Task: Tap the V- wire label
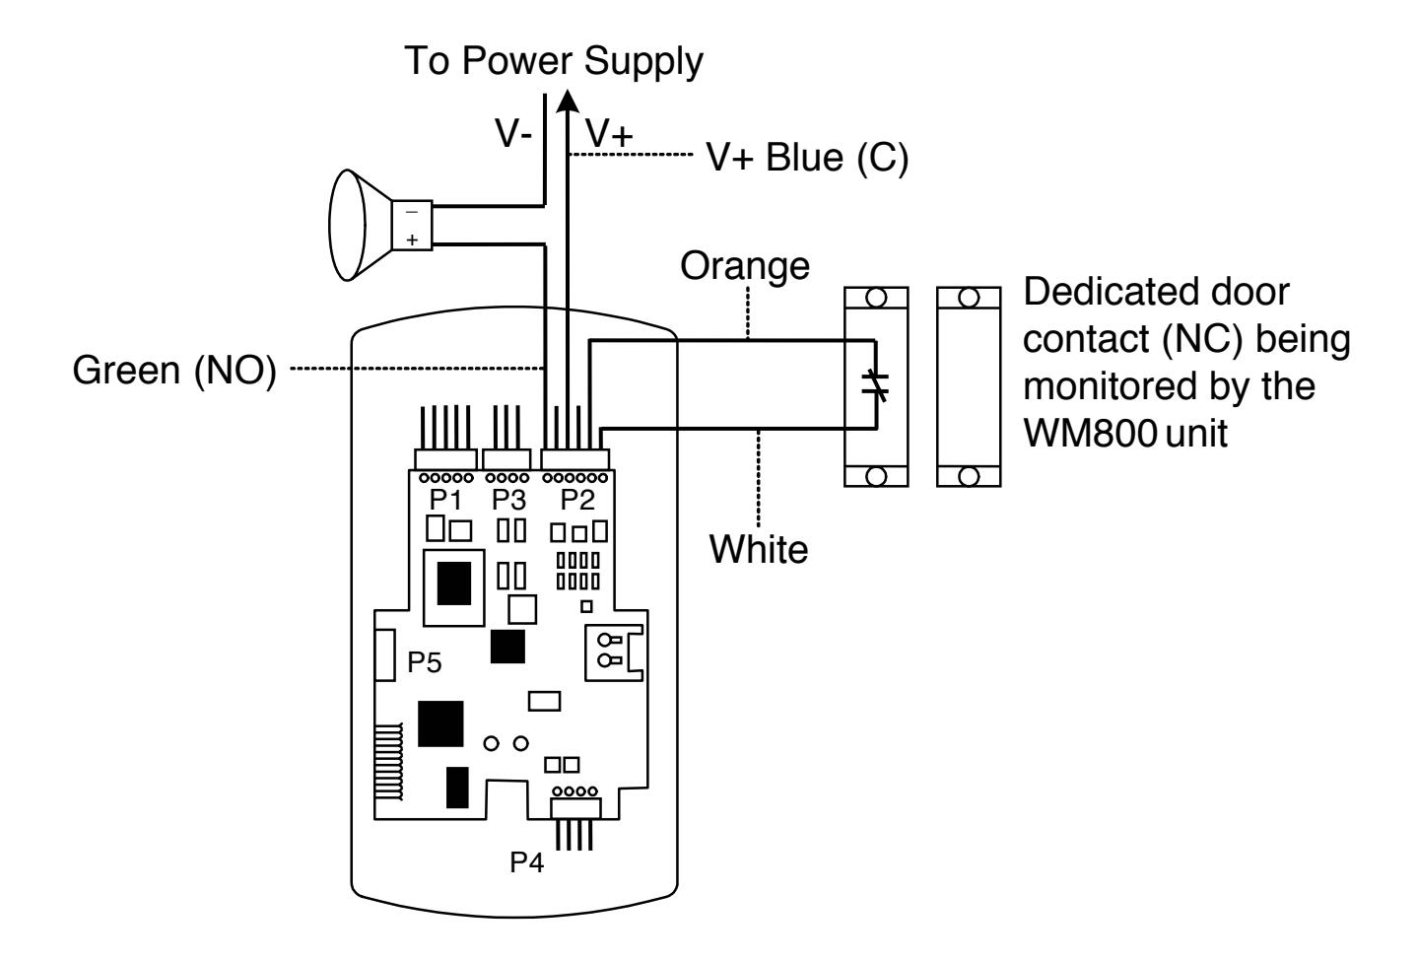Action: click(513, 133)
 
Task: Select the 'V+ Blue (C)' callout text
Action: click(807, 158)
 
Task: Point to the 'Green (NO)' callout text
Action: click(174, 371)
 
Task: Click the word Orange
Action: click(745, 266)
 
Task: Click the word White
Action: click(759, 549)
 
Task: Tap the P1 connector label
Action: click(446, 500)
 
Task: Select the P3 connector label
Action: click(508, 500)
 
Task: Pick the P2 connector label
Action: click(577, 500)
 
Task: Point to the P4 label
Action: click(526, 862)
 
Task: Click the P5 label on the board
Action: click(424, 662)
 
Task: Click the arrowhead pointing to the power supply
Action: click(568, 102)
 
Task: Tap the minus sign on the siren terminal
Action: click(412, 212)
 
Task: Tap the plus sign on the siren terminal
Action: click(413, 240)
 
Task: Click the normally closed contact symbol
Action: click(876, 384)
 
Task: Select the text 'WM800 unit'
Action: click(1124, 434)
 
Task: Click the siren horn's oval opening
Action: click(347, 225)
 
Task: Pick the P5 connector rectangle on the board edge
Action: click(385, 655)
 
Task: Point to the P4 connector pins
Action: click(574, 834)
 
